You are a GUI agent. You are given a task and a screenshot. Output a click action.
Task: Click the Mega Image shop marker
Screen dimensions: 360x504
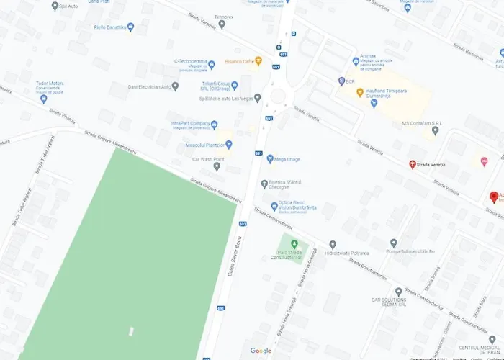coord(269,158)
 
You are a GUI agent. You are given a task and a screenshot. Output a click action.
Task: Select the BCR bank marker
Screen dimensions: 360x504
coord(341,81)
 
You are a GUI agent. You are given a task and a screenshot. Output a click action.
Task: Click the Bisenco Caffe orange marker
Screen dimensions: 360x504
coord(258,61)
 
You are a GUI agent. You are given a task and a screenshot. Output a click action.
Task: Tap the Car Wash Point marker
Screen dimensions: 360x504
coord(217,166)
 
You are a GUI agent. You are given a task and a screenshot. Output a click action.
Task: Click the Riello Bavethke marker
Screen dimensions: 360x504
coord(131,27)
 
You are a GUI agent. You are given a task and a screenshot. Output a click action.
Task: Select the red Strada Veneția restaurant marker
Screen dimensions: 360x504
coord(413,165)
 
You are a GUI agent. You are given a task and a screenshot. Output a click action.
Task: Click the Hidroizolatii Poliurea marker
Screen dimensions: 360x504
coord(333,245)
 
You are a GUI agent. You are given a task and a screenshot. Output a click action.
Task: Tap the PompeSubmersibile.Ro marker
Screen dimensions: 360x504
coord(393,243)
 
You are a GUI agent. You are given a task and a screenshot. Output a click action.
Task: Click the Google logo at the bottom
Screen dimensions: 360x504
coord(261,351)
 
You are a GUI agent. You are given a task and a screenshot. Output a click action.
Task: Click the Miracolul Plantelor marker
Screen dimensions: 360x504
coord(229,145)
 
